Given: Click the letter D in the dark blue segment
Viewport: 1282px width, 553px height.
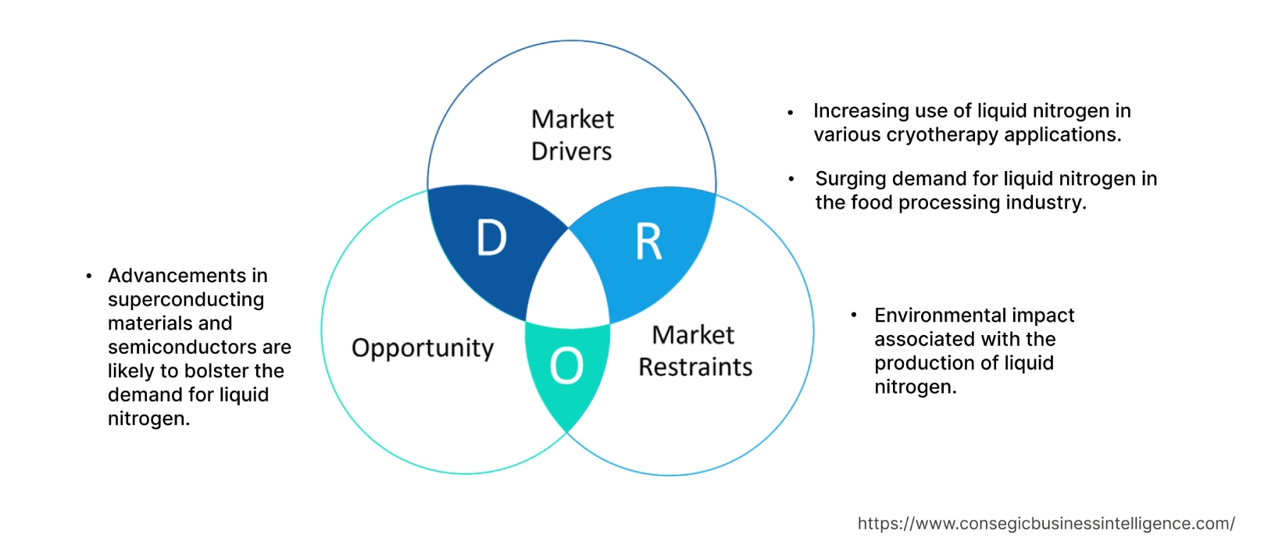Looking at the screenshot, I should click(x=491, y=238).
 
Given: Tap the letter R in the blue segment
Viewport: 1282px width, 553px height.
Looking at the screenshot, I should click(x=648, y=241).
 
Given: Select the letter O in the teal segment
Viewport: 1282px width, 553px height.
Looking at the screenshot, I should click(x=566, y=366).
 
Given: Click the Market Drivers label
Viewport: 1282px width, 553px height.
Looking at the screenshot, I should click(x=572, y=135).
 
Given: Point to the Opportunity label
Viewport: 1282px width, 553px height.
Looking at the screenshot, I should click(x=423, y=348).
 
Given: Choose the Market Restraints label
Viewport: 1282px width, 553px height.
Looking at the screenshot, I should click(x=695, y=351).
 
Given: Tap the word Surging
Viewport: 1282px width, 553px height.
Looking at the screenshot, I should click(x=851, y=179).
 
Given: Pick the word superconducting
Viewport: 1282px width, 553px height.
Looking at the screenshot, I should click(x=186, y=300).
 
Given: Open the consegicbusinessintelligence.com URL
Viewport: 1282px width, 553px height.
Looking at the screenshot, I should click(x=1046, y=524).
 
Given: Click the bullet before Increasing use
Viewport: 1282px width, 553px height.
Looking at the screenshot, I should click(x=791, y=112).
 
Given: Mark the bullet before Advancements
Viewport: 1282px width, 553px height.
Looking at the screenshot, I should click(x=89, y=276).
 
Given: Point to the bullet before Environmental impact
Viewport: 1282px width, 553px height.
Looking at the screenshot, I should click(x=854, y=316).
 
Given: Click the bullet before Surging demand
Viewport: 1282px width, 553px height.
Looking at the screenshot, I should click(x=791, y=180).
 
